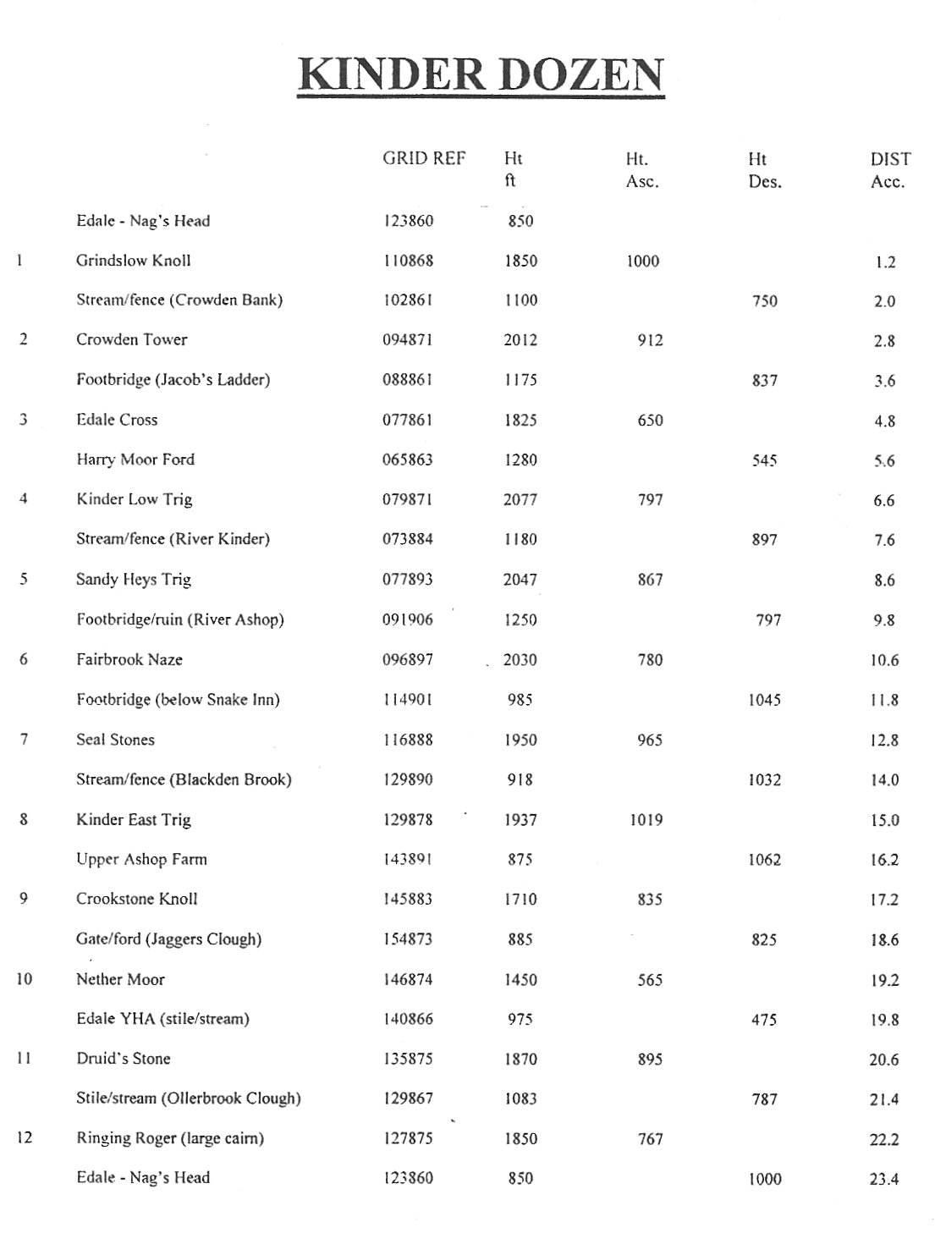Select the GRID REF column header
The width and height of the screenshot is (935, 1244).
point(424,158)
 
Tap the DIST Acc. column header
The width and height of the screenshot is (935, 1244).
point(889,170)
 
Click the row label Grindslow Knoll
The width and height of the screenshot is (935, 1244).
point(133,261)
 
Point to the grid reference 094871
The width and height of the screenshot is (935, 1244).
point(407,340)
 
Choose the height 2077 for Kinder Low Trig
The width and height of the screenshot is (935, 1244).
point(520,500)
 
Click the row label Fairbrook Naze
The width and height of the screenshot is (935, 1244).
point(129,660)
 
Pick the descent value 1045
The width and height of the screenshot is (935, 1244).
point(764,701)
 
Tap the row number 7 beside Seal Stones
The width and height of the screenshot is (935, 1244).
point(24,740)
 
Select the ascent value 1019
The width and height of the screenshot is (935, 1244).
point(646,820)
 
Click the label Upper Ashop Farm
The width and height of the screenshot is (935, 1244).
point(141,860)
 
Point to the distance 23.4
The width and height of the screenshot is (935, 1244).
point(884,1179)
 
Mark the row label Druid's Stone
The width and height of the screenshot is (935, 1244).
point(124,1059)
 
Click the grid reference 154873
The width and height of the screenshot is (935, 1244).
point(407,939)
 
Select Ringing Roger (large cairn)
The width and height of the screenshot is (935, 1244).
point(170,1139)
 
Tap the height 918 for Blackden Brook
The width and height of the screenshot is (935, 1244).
point(520,780)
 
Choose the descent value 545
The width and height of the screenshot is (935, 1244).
point(764,461)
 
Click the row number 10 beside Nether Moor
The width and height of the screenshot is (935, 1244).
point(24,980)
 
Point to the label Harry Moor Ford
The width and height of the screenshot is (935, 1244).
point(135,460)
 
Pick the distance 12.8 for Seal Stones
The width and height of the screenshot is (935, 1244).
point(884,740)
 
